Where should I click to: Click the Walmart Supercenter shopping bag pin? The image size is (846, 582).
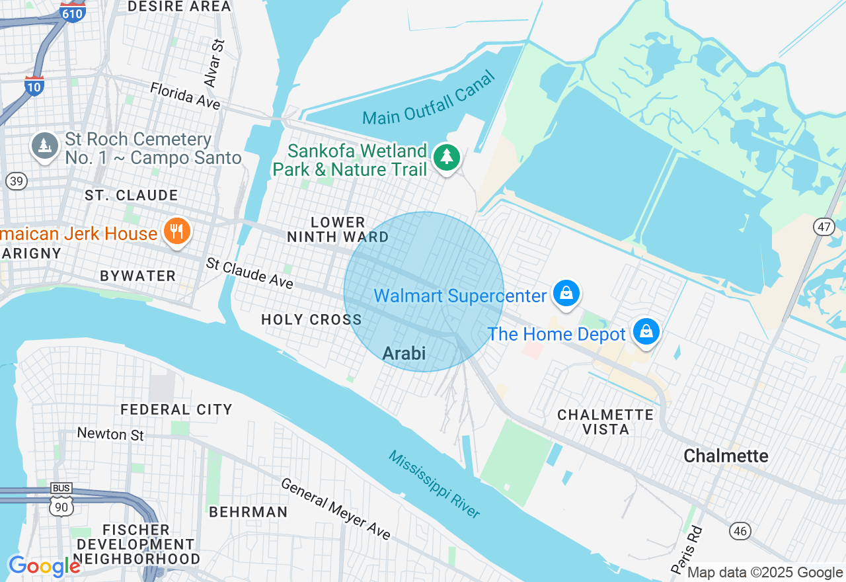coord(566,293)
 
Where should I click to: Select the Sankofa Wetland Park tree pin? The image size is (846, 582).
coord(447,157)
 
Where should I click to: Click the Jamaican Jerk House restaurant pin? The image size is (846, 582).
coord(176,231)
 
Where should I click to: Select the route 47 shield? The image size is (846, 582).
coord(824,227)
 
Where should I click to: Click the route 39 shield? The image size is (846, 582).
coord(17,181)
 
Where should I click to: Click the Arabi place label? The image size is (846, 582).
coord(404,353)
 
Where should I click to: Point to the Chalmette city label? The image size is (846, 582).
coord(726,456)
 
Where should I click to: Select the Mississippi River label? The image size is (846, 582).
coord(434,484)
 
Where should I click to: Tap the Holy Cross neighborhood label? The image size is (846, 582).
coord(311,319)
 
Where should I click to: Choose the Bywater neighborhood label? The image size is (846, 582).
coord(138,276)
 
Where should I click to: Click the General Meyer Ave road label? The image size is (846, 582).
coord(336,508)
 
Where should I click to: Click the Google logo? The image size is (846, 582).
coord(44,566)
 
